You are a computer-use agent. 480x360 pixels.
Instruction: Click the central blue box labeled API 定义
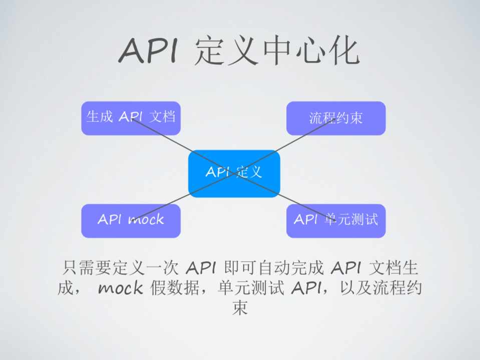(x=234, y=173)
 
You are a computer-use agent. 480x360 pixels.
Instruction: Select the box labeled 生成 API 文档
(x=131, y=118)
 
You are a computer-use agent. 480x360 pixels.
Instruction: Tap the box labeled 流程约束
(x=336, y=118)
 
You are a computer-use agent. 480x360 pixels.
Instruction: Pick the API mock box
(x=131, y=220)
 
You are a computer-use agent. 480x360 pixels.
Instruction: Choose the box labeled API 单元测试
(x=336, y=220)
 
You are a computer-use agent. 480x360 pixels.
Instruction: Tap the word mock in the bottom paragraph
(x=120, y=288)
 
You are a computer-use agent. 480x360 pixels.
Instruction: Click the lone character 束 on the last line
(x=240, y=307)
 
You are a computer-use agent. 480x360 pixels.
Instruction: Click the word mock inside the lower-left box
(x=146, y=219)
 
